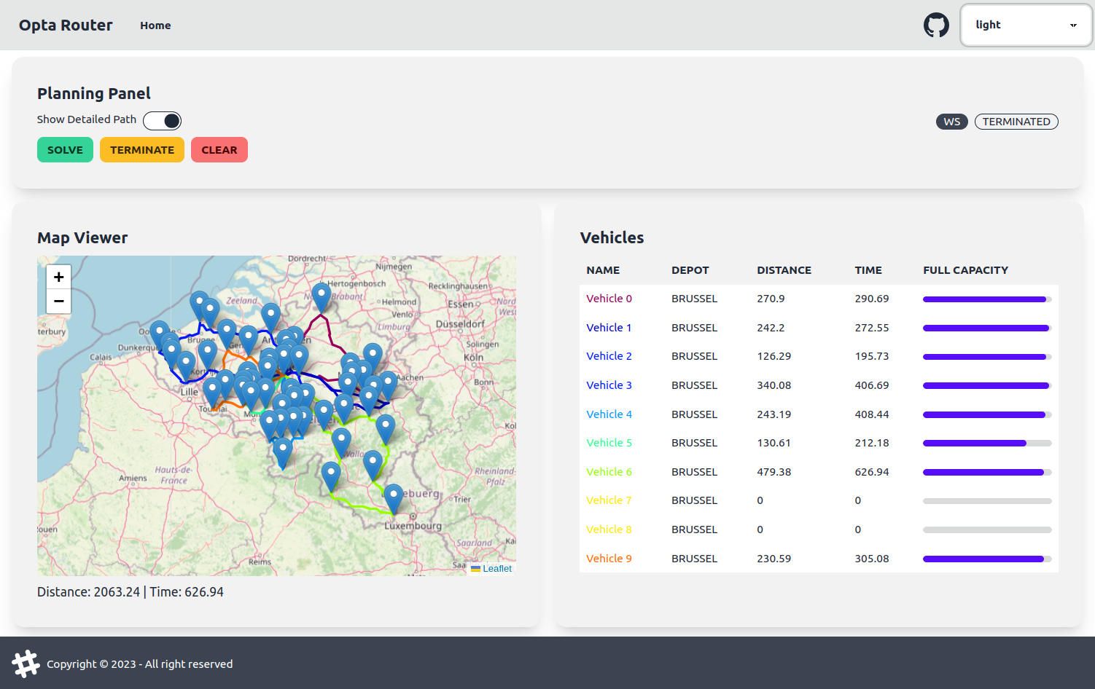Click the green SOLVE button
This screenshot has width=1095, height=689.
(x=65, y=150)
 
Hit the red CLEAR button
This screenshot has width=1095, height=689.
(x=219, y=150)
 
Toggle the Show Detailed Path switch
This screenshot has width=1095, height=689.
(x=162, y=121)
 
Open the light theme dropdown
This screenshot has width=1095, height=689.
(x=1025, y=25)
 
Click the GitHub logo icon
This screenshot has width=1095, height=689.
(x=936, y=25)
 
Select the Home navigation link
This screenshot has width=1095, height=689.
(x=155, y=25)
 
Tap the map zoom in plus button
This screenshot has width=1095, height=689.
(x=59, y=277)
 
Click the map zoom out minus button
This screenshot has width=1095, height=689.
(x=59, y=301)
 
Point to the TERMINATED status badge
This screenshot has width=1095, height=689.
(x=1016, y=122)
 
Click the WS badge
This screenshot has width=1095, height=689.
(x=951, y=122)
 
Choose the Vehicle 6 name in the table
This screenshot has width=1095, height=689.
(x=609, y=472)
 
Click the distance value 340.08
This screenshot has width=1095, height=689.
(x=773, y=385)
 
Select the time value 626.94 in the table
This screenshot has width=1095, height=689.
(x=872, y=472)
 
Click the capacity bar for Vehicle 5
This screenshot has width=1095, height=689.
(x=986, y=443)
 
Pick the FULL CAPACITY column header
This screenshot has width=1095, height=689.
(x=965, y=270)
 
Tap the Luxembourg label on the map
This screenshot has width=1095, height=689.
(x=413, y=526)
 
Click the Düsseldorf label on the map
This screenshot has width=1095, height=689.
(x=460, y=324)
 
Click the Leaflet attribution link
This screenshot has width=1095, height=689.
(x=497, y=569)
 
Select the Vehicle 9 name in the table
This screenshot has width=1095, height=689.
(x=609, y=559)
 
